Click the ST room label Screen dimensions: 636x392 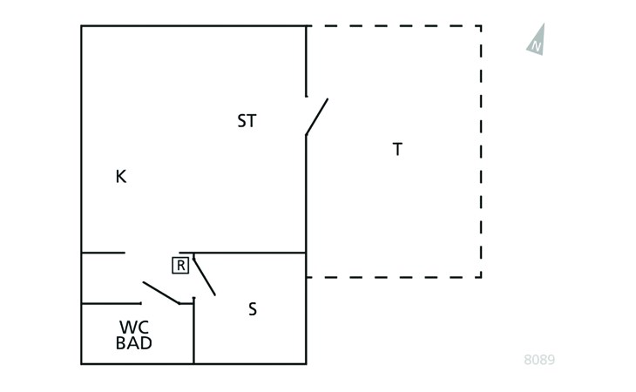point(247,121)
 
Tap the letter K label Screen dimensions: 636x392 point(121,177)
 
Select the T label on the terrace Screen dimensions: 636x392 point(397,149)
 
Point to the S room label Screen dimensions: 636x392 point(253,309)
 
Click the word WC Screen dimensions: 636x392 point(134,328)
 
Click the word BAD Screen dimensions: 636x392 point(134,343)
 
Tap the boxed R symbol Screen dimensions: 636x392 point(180,266)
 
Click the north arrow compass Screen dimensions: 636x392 point(537,40)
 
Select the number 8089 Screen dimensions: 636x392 point(539,360)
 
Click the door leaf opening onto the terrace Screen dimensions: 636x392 point(317,117)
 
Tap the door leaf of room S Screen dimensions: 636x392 point(204,275)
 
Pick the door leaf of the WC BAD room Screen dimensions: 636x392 point(161,293)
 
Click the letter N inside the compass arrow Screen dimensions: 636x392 point(536,46)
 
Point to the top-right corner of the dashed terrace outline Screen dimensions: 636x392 point(481,26)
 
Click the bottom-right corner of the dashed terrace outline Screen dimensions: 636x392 point(481,277)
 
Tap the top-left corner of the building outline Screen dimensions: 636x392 point(82,26)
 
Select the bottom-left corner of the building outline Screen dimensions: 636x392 point(82,363)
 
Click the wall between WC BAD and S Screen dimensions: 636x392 point(194,331)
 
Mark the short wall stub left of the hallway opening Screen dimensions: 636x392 point(103,253)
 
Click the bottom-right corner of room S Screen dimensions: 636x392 point(306,363)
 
